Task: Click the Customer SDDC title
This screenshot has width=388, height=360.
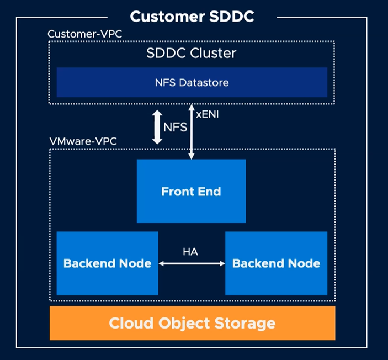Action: [192, 17]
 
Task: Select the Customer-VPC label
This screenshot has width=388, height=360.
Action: [85, 34]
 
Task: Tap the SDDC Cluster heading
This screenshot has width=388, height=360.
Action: [192, 54]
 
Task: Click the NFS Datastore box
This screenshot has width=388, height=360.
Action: [192, 82]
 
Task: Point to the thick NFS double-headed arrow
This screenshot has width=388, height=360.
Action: [157, 128]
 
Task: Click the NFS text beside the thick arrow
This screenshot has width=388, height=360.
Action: [176, 128]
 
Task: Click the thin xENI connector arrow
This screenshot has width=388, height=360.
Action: [192, 133]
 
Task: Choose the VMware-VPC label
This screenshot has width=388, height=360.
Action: [83, 141]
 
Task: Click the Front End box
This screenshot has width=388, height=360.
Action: [191, 191]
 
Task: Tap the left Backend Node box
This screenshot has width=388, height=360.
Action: [107, 263]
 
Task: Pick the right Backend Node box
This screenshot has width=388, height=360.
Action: [276, 263]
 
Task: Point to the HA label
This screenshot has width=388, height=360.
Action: [190, 252]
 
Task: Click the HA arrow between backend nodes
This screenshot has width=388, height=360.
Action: [192, 264]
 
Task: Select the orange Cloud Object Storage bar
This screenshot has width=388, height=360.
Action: [192, 323]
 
